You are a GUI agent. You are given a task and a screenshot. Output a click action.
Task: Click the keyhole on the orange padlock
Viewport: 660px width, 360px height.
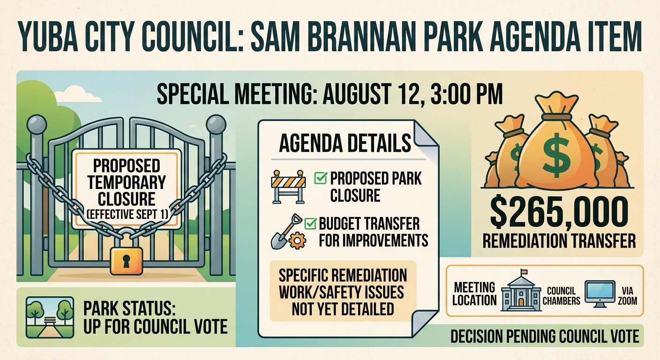coord(126,261)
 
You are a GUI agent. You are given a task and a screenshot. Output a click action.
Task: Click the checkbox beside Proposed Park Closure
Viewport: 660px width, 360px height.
coord(321,178)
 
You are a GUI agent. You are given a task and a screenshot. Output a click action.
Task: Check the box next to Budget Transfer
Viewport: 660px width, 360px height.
coord(310,223)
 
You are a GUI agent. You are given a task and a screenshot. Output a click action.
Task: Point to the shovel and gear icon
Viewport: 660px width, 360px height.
coord(288,232)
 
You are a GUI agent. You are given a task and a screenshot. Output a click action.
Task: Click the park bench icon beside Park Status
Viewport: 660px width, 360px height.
coord(50,317)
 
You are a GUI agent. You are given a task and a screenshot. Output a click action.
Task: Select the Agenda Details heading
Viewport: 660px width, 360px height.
coord(345,143)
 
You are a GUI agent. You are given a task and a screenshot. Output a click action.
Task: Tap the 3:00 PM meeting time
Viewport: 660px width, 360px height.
coord(466,94)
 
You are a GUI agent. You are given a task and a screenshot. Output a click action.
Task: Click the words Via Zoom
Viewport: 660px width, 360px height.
coord(628,296)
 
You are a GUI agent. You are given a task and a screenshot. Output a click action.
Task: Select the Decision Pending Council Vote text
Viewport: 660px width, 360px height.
coord(545,336)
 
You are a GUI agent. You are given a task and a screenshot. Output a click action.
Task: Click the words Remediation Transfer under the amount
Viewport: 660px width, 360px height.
coord(559,241)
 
